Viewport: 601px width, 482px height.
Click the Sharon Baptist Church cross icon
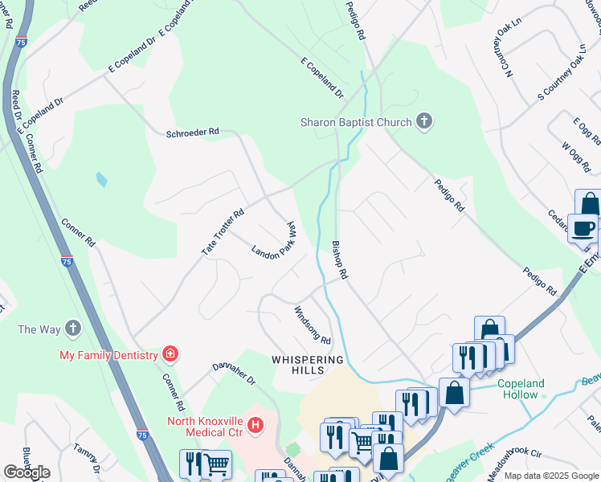coord(424,122)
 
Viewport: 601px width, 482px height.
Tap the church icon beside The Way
coord(73,329)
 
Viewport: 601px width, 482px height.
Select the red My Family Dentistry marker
coord(170,353)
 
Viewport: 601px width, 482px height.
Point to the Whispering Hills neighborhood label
coord(308,365)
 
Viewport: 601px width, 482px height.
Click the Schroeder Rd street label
coord(192,132)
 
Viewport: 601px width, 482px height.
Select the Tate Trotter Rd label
coord(223,234)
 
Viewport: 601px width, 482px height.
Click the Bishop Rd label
coord(340,259)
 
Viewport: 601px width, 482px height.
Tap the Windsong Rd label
coord(313,325)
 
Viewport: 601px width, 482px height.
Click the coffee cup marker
coord(583,228)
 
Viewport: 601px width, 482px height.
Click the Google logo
coord(27,472)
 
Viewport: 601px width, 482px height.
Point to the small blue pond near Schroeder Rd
coord(101,179)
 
